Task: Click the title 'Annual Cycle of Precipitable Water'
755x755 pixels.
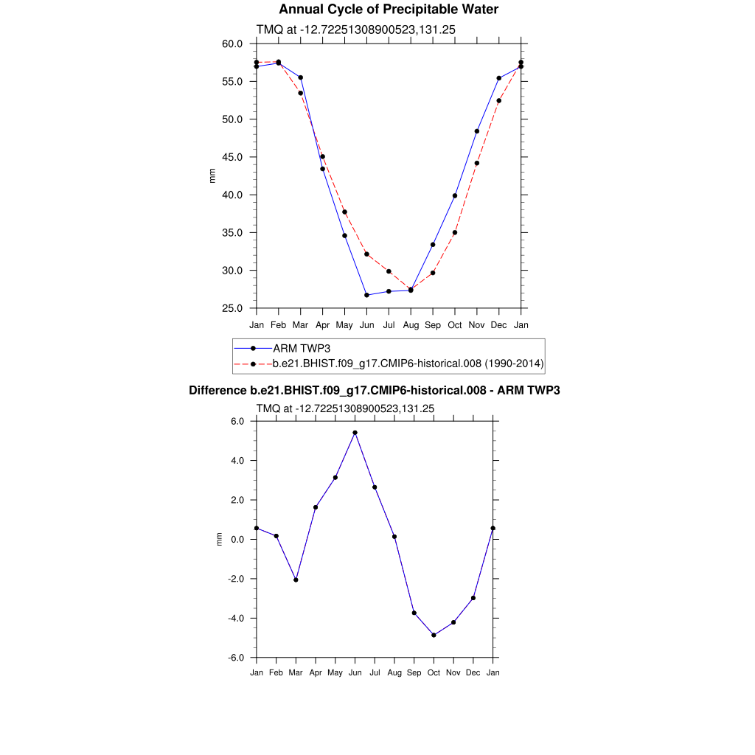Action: point(389,10)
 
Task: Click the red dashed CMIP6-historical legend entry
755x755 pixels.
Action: point(408,363)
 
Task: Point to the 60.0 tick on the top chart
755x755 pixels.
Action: point(232,44)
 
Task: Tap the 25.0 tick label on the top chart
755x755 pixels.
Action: point(232,308)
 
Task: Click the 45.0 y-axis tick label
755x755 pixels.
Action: point(232,157)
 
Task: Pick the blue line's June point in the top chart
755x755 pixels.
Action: point(366,295)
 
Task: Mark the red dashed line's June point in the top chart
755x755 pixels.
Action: point(366,254)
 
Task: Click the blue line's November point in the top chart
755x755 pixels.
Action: point(477,131)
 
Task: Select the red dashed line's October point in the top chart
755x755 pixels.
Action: point(455,232)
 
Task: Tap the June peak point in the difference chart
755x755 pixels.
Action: point(355,433)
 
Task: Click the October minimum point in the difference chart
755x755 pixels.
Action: point(434,635)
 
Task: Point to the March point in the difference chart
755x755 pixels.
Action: point(296,580)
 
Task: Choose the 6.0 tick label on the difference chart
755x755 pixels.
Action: point(237,422)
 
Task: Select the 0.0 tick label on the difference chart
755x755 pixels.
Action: point(237,540)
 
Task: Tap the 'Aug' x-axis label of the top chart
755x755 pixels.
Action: point(411,325)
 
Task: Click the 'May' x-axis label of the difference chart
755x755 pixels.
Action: point(335,672)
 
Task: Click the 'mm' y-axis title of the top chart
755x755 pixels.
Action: point(212,175)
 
